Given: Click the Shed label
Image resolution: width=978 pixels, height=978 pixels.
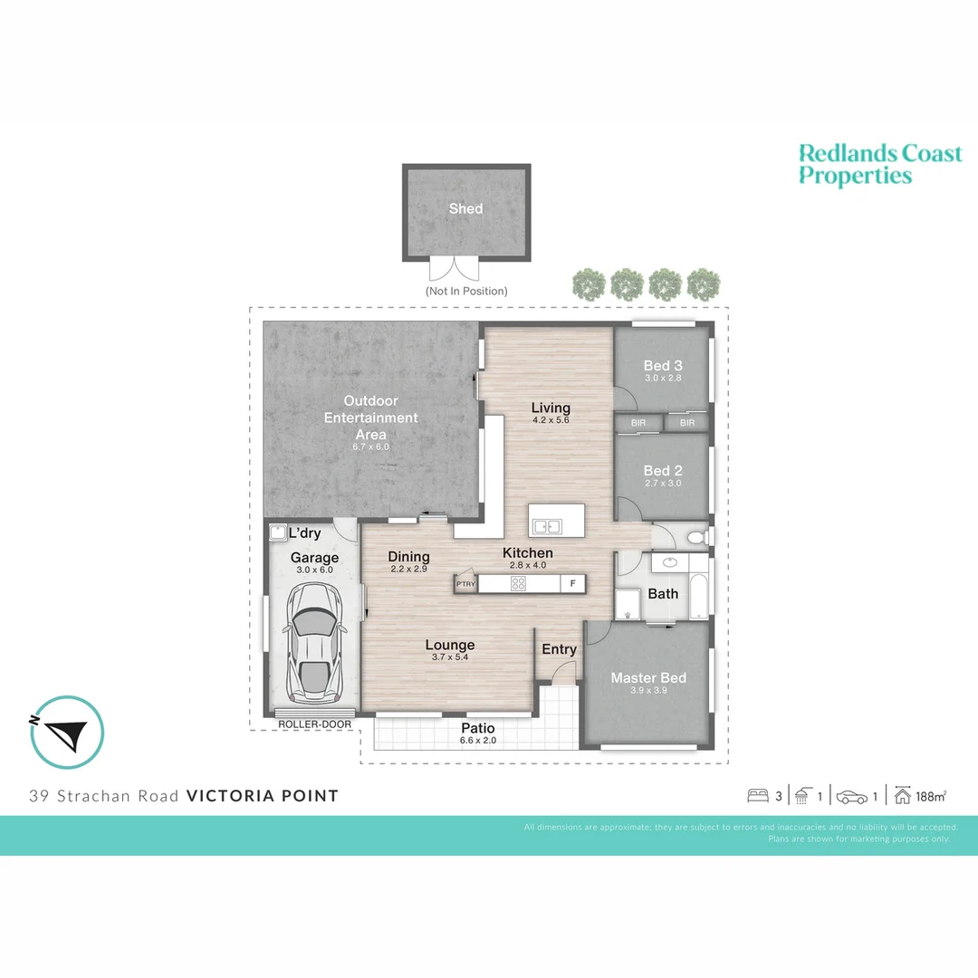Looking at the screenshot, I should [x=465, y=208].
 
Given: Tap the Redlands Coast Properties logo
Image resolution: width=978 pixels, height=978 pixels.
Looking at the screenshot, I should [x=879, y=165].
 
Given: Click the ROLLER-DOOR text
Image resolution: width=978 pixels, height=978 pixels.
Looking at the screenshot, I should [x=314, y=724].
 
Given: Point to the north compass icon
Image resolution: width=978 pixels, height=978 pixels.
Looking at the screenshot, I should [x=67, y=732].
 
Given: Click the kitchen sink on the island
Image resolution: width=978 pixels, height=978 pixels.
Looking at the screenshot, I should [x=546, y=526].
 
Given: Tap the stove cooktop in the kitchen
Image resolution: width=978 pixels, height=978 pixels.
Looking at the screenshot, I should [x=518, y=584].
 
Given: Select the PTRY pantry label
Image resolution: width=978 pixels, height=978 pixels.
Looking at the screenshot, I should [x=465, y=584].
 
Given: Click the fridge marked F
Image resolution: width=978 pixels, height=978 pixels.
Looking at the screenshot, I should [x=572, y=584].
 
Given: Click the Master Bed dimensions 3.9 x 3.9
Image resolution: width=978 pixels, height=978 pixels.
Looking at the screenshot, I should [x=648, y=691].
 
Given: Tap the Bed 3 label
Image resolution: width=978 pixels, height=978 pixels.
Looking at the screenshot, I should [x=663, y=366].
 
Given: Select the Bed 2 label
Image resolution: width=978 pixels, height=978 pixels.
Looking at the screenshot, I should [x=663, y=471].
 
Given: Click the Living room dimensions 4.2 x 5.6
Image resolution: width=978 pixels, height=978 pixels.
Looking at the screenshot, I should [x=551, y=420].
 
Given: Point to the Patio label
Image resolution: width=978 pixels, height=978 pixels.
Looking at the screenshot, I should [x=478, y=728].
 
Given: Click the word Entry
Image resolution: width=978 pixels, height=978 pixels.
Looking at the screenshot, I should [x=559, y=649].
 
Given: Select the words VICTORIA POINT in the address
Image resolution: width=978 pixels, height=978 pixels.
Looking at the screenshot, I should [x=262, y=796].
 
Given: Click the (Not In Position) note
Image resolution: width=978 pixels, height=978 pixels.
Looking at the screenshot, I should [x=466, y=291].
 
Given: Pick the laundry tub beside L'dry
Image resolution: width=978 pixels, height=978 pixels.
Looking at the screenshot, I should [x=277, y=533].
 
